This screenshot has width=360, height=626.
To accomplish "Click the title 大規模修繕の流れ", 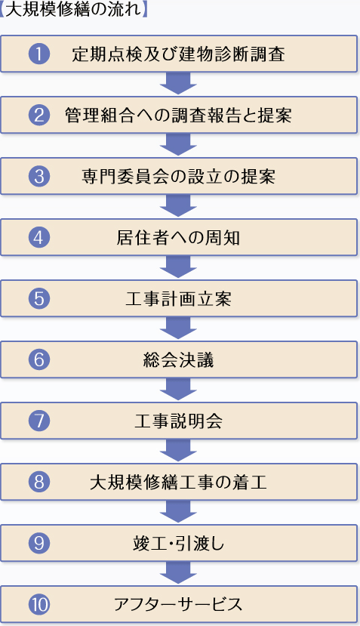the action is (x=74, y=9).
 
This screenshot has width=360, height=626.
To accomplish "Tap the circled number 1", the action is (x=39, y=54).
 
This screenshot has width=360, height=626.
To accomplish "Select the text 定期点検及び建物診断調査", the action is (x=178, y=54).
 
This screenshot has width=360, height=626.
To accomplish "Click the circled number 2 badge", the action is (x=39, y=115).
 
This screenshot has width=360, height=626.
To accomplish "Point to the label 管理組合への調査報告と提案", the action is (x=178, y=116).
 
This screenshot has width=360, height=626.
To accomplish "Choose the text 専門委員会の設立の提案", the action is (x=178, y=177).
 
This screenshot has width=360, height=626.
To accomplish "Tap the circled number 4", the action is (x=39, y=237).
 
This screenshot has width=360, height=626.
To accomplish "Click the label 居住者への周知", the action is (x=178, y=238).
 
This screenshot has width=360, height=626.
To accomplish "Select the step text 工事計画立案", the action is (x=178, y=298).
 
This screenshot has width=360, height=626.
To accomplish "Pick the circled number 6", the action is (x=39, y=359).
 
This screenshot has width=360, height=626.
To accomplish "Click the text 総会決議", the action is (x=178, y=359).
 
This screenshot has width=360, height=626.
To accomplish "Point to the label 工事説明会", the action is (x=178, y=421).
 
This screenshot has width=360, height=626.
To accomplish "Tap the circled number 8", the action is (x=39, y=482).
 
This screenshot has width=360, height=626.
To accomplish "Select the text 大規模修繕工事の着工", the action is (x=178, y=482).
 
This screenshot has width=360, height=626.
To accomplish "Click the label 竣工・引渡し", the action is (x=178, y=543).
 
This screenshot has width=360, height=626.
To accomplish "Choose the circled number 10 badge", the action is (x=39, y=604).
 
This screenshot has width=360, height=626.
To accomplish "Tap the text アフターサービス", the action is (x=178, y=604).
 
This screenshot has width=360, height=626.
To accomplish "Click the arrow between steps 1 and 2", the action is (x=178, y=82).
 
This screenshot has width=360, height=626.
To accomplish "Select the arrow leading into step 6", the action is (x=178, y=327).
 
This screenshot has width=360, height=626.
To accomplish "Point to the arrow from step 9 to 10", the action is (x=178, y=572).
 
